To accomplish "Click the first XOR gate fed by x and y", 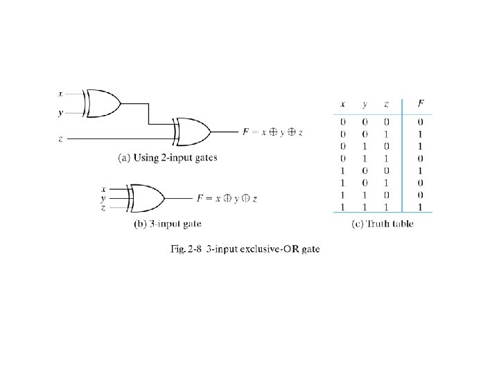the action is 102,103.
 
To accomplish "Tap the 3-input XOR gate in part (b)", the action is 146,199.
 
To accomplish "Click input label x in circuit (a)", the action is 61,93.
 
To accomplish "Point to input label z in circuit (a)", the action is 61,139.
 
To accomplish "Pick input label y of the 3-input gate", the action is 103,198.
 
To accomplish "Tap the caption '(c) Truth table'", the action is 383,223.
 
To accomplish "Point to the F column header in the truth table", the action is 420,104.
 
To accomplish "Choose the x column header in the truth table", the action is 342,104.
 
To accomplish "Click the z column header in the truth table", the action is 386,104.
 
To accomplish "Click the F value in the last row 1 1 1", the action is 420,206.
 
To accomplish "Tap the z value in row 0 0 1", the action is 386,134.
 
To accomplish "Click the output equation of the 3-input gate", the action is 227,199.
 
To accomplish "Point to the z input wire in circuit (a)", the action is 118,139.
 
